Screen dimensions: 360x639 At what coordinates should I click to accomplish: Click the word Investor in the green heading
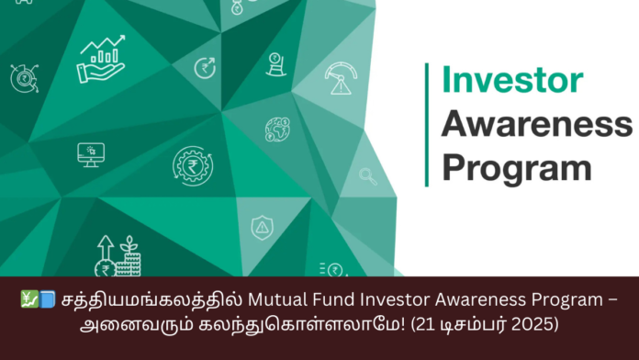point(508,80)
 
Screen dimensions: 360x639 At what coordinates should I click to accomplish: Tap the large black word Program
point(516,168)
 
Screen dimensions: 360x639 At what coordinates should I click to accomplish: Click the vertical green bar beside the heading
point(427,124)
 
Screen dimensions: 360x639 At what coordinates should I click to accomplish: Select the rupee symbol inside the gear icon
point(193,165)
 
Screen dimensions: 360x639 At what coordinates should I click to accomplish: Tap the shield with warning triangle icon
point(261,226)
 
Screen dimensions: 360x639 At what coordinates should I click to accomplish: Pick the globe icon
point(277,129)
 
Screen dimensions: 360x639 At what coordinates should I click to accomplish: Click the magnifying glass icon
point(368,175)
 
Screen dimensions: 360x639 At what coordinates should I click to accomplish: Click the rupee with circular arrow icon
point(204,67)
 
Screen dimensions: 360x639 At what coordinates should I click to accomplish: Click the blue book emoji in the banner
point(47,300)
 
